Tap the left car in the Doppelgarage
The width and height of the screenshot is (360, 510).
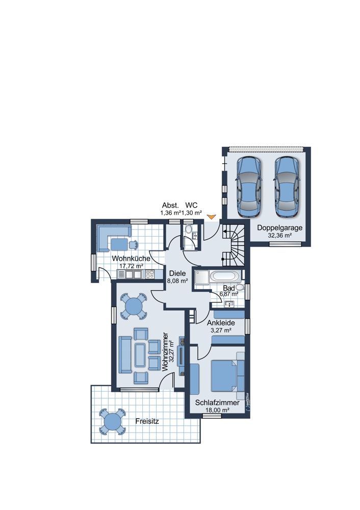[249, 187]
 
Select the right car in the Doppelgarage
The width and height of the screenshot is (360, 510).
[286, 187]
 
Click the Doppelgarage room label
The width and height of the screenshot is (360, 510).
[279, 227]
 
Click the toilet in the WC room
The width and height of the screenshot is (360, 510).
[188, 229]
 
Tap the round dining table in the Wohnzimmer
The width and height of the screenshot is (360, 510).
[133, 306]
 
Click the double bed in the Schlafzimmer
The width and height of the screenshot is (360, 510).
[227, 376]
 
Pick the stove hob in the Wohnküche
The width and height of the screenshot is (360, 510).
[149, 274]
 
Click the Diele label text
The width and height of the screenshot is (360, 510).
[177, 273]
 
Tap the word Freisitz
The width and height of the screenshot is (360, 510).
[147, 421]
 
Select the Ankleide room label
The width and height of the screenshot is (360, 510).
[221, 323]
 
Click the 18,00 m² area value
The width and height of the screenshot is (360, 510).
[217, 410]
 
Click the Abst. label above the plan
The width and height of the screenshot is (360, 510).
[170, 205]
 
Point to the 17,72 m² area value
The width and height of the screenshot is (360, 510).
[131, 266]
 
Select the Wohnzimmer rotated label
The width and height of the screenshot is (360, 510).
[165, 351]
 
